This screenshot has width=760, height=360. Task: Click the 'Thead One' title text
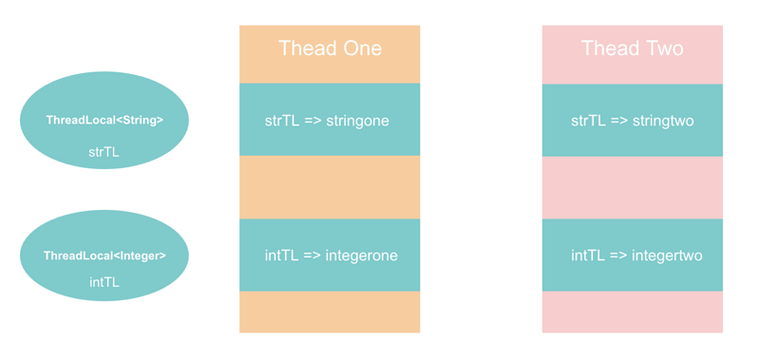330,48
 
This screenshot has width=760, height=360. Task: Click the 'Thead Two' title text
632,48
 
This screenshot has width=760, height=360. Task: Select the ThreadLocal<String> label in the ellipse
104,121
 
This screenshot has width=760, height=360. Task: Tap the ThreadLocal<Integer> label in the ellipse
104,256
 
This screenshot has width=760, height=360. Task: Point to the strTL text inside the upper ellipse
104,152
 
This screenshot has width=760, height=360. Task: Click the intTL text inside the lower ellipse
104,282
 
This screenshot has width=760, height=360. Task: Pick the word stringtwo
661,122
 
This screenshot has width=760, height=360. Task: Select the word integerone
361,256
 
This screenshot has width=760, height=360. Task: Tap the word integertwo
666,256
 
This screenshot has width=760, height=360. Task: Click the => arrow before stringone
313,122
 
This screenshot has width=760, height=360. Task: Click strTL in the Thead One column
282,122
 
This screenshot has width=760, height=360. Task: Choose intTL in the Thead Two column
588,256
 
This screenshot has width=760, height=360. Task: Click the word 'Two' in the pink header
661,48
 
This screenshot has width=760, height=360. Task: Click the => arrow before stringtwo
617,122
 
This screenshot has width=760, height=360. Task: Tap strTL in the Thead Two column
588,122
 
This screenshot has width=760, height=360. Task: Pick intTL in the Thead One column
281,256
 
